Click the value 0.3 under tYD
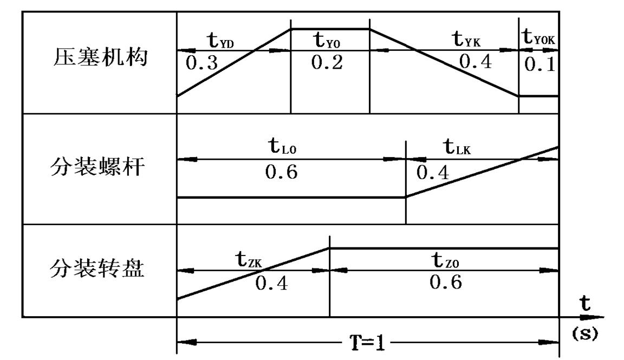201,64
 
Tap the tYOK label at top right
538,38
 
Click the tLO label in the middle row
283,147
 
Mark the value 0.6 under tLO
282,173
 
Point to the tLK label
457,147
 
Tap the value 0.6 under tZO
446,283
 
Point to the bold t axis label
586,306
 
